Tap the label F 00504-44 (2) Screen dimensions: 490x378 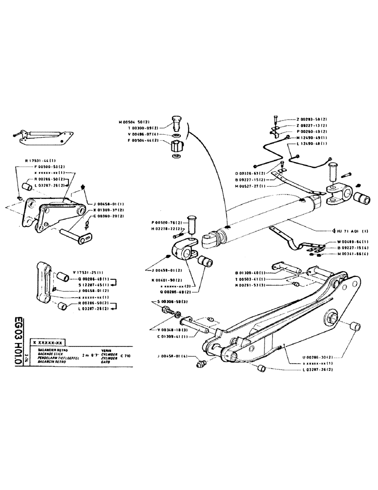(x=136, y=141)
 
